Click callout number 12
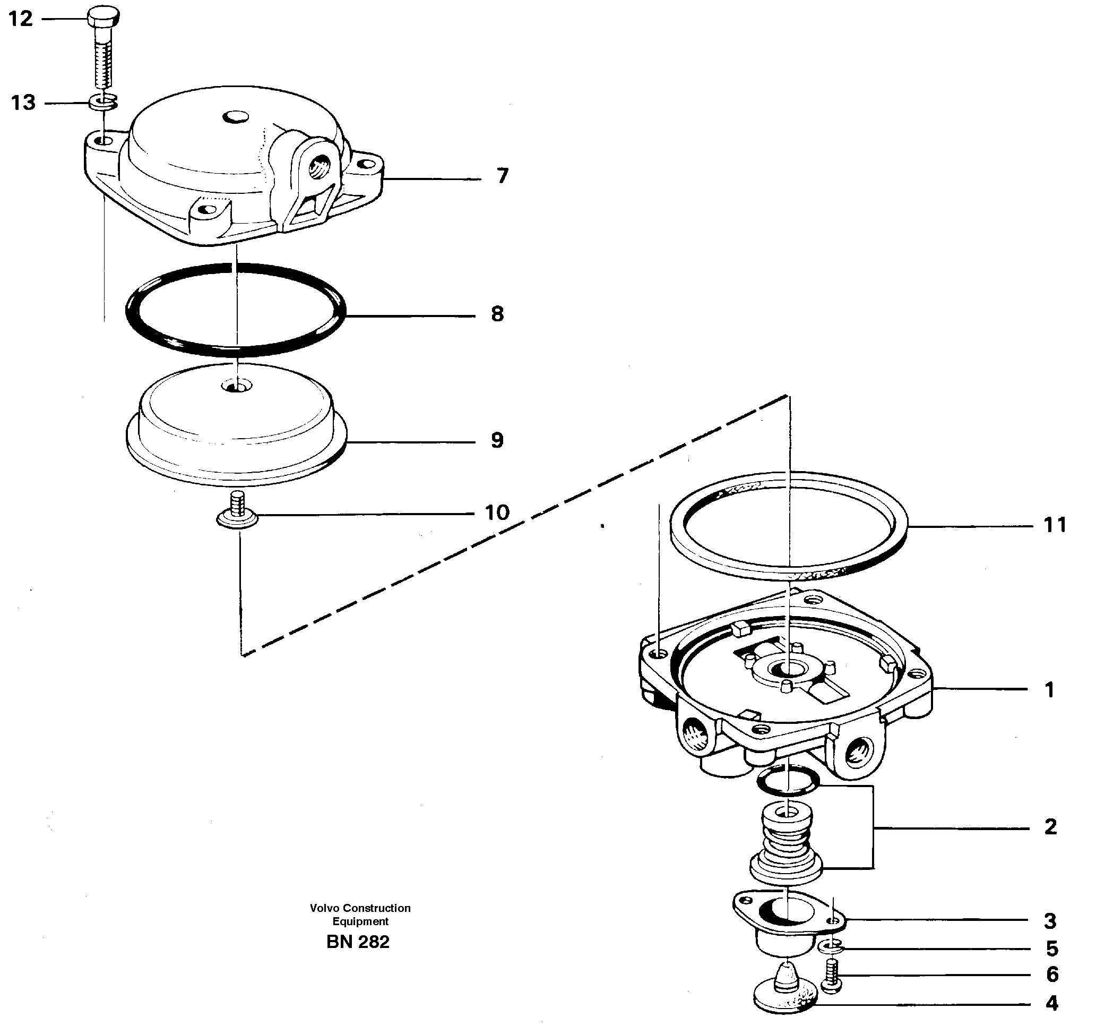(x=21, y=19)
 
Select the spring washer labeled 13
(x=103, y=101)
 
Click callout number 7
(x=502, y=176)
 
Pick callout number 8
(x=497, y=314)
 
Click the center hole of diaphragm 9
(x=236, y=385)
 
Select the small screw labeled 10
(x=237, y=513)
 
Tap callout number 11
(x=1055, y=525)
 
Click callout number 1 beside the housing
(x=1050, y=689)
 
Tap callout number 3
(x=1050, y=921)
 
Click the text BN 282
(x=358, y=942)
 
